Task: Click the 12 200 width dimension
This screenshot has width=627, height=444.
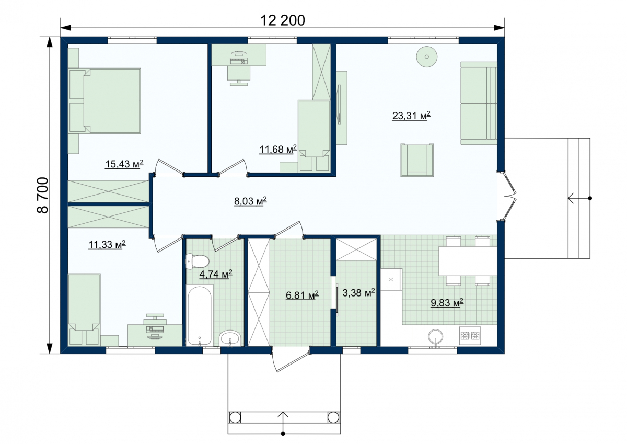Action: tap(283, 20)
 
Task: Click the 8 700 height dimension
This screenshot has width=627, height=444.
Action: tap(43, 195)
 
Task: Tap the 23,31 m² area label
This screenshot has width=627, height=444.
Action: tap(411, 116)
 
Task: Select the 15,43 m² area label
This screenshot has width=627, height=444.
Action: tap(124, 164)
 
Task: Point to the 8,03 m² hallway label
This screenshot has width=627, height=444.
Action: tap(250, 201)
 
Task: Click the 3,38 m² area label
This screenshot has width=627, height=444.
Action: tap(358, 293)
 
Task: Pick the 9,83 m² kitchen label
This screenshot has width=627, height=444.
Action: tap(447, 302)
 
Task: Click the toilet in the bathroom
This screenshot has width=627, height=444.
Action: tap(197, 261)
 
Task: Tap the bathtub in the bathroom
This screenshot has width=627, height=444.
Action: tap(200, 316)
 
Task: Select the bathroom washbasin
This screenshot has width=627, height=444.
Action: tap(230, 338)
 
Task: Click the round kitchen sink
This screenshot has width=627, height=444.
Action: tap(436, 336)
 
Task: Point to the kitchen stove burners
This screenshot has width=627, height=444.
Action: tap(470, 335)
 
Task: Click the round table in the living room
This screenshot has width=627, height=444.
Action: tap(426, 56)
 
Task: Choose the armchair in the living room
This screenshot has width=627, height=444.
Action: tap(417, 160)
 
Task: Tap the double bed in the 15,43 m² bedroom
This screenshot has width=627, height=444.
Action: tap(104, 100)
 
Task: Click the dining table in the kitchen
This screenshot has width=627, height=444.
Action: tap(468, 261)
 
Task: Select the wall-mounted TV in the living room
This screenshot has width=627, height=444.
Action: tap(339, 105)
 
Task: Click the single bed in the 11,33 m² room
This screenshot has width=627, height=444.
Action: tap(84, 309)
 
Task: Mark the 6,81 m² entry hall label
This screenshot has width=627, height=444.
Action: tap(302, 295)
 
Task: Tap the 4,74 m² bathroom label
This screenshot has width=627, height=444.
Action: tap(215, 274)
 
